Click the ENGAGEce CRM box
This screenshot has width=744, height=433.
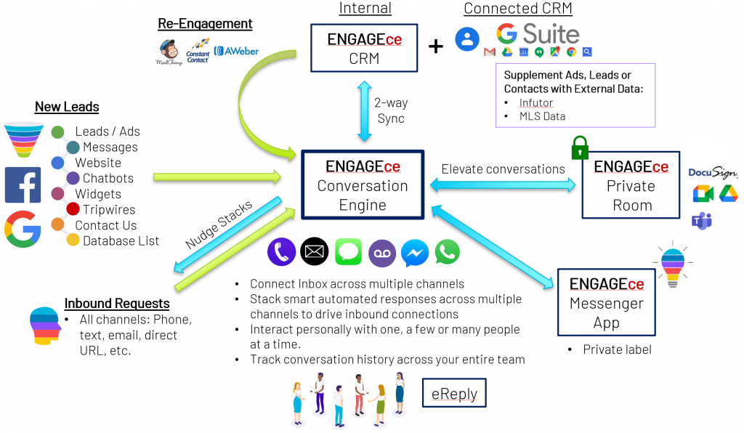(364, 48)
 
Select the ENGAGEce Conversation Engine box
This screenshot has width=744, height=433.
(363, 185)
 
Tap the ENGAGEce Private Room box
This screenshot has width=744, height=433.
(631, 185)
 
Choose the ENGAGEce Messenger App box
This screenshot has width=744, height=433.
(605, 302)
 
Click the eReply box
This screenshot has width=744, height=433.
(454, 394)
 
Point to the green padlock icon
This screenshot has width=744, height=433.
(579, 147)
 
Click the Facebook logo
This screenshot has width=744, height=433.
(23, 185)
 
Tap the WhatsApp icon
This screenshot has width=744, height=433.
(448, 252)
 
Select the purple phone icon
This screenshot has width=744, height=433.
(281, 252)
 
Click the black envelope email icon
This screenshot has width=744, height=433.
(315, 252)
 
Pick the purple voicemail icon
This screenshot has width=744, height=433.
(382, 252)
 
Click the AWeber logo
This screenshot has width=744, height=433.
(237, 52)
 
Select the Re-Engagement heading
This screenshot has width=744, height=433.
(205, 24)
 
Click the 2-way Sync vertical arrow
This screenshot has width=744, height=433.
(363, 110)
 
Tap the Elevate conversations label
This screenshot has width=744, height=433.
(503, 169)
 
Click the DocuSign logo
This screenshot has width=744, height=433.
(712, 173)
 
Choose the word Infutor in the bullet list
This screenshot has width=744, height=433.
(536, 102)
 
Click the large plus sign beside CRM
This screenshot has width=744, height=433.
(436, 46)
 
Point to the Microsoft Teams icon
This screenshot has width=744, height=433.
(702, 221)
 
